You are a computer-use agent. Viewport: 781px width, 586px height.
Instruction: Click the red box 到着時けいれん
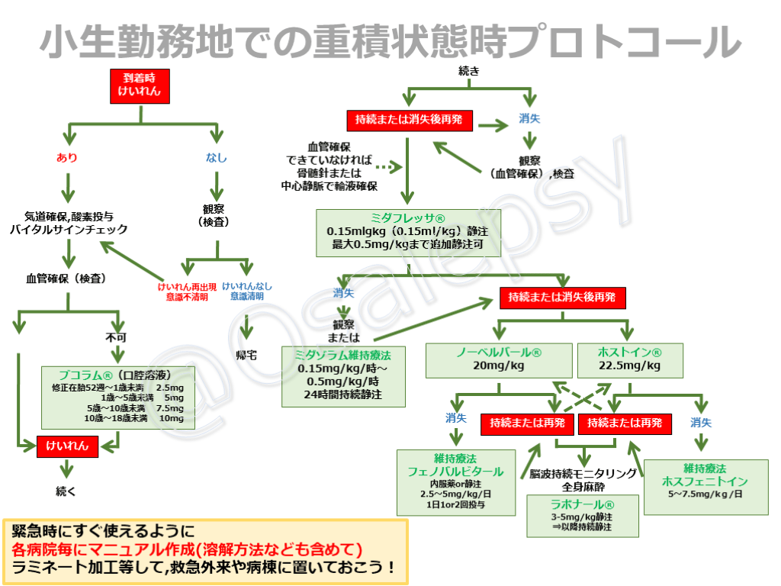(139, 86)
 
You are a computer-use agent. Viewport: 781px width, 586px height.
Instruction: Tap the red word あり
(67, 158)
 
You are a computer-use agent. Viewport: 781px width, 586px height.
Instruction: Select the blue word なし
(217, 158)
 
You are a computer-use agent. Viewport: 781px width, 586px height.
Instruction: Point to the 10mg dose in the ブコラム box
(172, 418)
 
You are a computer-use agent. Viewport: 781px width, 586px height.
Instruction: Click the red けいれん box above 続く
(67, 446)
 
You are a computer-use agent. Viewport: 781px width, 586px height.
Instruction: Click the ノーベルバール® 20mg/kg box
(499, 359)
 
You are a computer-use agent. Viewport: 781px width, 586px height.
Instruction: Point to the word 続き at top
(469, 71)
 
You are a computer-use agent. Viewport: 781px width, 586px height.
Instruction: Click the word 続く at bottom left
(66, 491)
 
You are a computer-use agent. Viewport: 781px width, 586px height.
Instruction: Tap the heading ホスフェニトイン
(705, 481)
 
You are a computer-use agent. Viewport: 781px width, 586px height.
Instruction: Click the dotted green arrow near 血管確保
(389, 166)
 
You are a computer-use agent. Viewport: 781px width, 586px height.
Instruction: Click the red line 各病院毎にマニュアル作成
(186, 549)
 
